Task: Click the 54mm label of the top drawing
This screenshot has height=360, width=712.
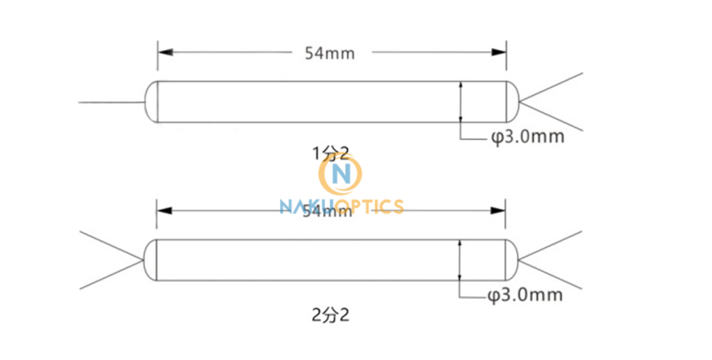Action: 330,53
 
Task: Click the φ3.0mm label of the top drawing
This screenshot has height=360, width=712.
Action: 527,137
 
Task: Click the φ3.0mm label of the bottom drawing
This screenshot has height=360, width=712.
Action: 525,295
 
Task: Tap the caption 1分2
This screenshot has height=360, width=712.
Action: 331,153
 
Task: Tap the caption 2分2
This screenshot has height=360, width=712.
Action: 330,315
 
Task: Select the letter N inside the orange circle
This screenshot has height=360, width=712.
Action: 341,175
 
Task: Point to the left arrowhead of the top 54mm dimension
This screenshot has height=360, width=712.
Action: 165,52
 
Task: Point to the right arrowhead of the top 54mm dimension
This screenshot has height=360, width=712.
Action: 498,52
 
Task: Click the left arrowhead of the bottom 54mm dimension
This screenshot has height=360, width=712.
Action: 164,210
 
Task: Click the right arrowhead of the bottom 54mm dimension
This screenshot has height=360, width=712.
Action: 498,210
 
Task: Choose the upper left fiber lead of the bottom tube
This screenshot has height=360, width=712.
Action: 110,246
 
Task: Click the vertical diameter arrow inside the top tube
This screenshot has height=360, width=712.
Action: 461,102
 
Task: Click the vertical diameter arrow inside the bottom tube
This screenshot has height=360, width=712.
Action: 460,260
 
